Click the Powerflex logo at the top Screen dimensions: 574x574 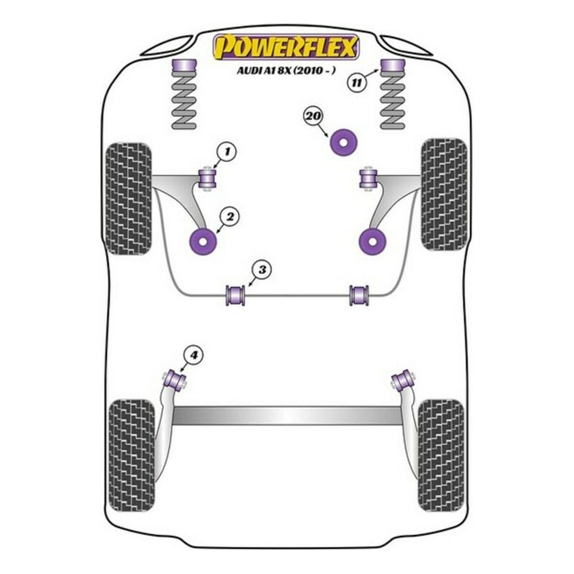click(286, 46)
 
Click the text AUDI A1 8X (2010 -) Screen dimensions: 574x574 click(286, 70)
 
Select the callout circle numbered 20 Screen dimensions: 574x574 click(314, 116)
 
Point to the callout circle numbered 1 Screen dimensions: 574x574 click(227, 152)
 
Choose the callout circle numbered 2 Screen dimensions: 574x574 click(230, 217)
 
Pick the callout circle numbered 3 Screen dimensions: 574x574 click(262, 270)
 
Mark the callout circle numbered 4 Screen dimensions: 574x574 click(194, 355)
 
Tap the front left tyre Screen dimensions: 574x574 click(127, 199)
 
